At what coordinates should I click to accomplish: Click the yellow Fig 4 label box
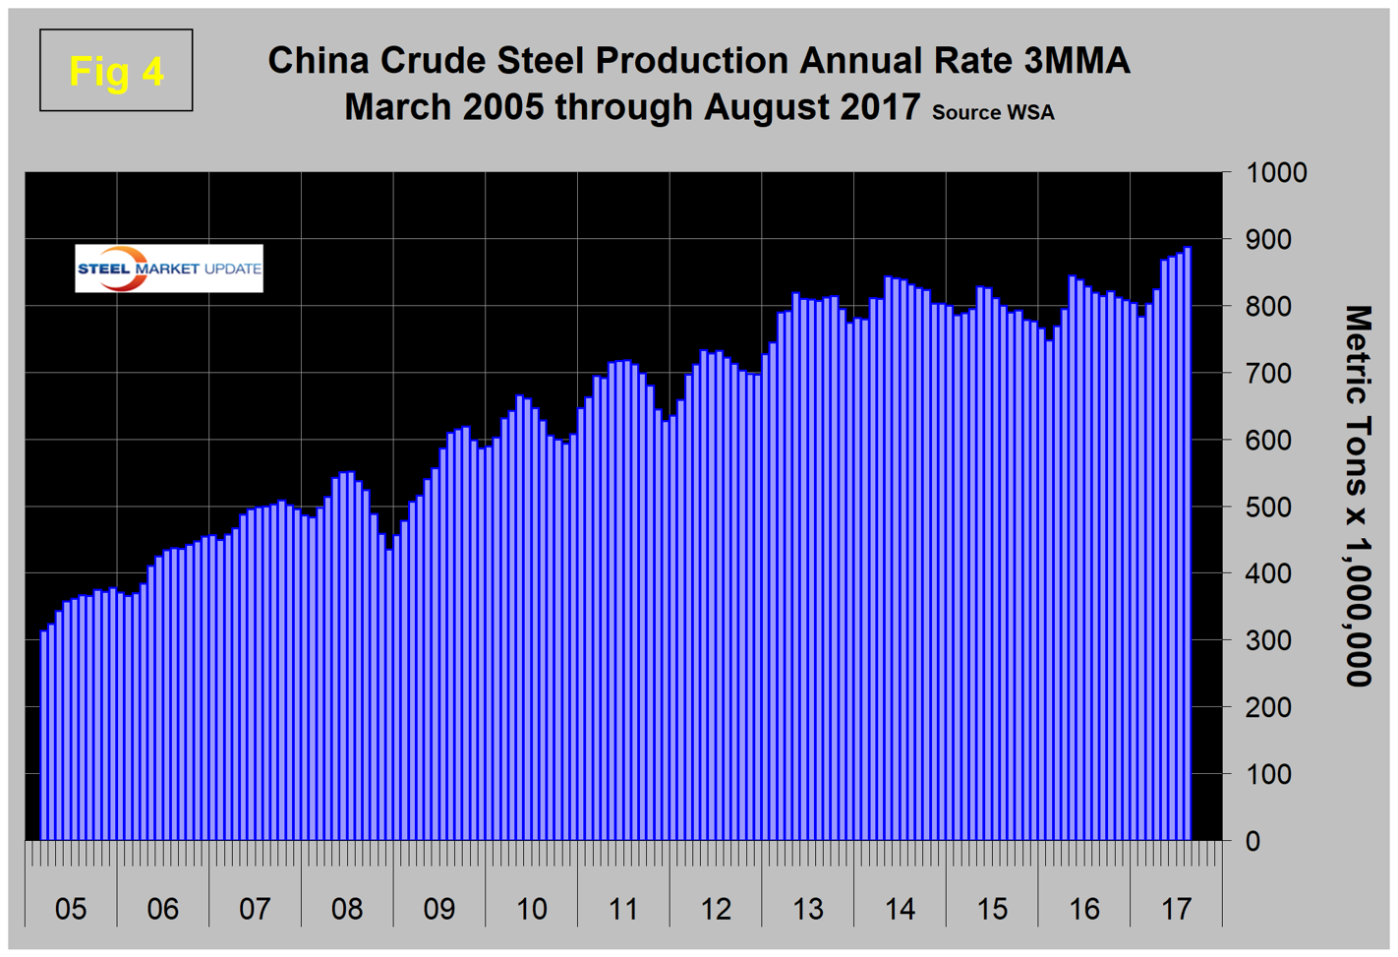coord(116,71)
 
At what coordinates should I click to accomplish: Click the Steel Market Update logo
coord(169,269)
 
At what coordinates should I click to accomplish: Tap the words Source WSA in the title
coord(993,112)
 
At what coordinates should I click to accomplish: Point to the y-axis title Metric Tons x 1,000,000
coord(1358,496)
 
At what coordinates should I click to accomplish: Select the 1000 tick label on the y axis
coord(1276,173)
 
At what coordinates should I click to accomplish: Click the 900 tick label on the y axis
coord(1268,240)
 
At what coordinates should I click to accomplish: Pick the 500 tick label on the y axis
coord(1268,508)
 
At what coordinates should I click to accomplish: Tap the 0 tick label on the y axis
coord(1252,841)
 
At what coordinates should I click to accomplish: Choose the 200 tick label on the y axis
coord(1268,707)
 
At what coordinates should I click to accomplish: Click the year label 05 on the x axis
coord(71,909)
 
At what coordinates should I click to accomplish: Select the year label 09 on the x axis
coord(439,909)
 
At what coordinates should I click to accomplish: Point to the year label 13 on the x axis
coord(808,909)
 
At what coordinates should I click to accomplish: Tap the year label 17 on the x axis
coord(1177,909)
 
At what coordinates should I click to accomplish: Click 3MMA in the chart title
coord(1077,61)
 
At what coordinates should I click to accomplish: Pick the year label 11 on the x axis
coord(623,909)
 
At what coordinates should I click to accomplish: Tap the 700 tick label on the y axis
coord(1268,374)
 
